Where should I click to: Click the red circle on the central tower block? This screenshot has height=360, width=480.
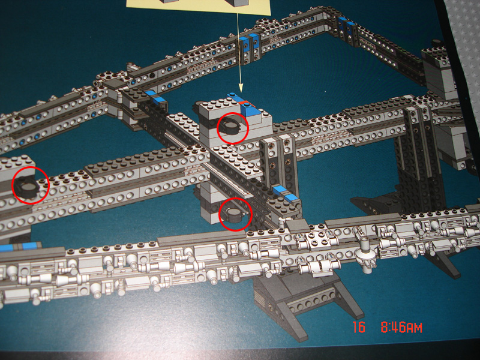(232, 127)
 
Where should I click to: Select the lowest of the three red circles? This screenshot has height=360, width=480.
(236, 214)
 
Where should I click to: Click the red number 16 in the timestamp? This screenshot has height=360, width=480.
(359, 328)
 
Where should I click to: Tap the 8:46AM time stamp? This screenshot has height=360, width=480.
(401, 328)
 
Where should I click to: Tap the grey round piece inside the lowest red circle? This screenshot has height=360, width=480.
(234, 213)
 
